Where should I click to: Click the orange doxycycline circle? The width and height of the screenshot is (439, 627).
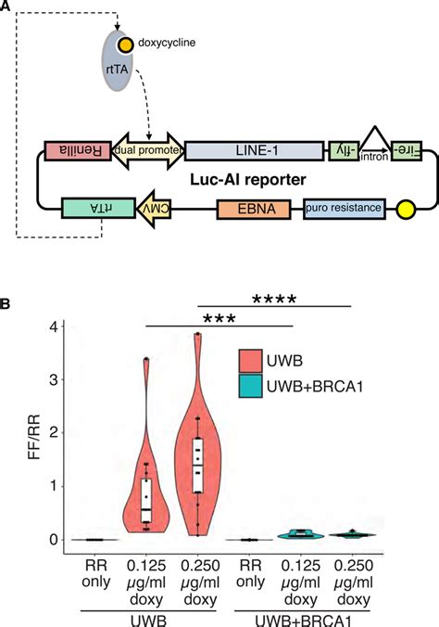pyautogui.click(x=125, y=45)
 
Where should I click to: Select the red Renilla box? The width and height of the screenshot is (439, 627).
pyautogui.click(x=78, y=151)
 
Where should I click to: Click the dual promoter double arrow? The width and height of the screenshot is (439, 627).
pyautogui.click(x=148, y=150)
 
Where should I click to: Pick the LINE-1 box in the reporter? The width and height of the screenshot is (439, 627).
pyautogui.click(x=254, y=151)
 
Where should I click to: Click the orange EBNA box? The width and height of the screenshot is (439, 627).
pyautogui.click(x=254, y=209)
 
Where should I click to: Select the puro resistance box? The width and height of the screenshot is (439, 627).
pyautogui.click(x=345, y=209)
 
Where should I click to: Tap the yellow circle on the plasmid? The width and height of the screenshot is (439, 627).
pyautogui.click(x=406, y=209)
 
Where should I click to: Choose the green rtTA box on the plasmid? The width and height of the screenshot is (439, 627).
pyautogui.click(x=98, y=208)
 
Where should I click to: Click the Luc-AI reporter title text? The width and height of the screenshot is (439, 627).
pyautogui.click(x=247, y=180)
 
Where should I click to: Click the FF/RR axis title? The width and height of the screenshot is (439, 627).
pyautogui.click(x=34, y=437)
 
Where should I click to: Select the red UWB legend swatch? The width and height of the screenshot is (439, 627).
pyautogui.click(x=251, y=361)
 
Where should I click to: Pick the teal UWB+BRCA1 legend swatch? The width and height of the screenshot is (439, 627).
pyautogui.click(x=251, y=386)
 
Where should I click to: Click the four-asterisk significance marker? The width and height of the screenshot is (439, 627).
pyautogui.click(x=274, y=299)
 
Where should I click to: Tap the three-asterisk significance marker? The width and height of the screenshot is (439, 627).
pyautogui.click(x=219, y=319)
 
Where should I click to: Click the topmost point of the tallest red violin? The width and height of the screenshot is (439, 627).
pyautogui.click(x=197, y=333)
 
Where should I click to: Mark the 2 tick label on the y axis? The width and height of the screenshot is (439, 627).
pyautogui.click(x=54, y=432)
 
